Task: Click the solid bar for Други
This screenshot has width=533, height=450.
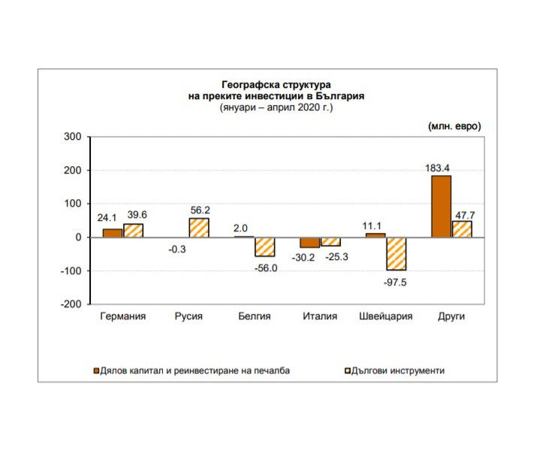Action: (x=441, y=206)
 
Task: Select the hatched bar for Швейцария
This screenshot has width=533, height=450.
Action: (x=396, y=253)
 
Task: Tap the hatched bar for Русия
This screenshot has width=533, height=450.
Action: (x=199, y=228)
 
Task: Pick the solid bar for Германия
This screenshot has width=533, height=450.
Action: (x=113, y=233)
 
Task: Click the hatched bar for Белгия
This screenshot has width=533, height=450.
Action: (x=265, y=246)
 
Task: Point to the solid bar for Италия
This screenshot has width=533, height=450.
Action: (x=309, y=242)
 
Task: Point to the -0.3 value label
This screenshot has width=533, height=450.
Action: (x=178, y=249)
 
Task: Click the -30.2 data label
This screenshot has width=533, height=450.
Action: (x=303, y=258)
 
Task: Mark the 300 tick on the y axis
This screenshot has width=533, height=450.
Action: (x=72, y=137)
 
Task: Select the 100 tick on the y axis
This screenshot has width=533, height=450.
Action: (x=72, y=204)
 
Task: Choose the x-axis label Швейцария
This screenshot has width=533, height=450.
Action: (x=387, y=316)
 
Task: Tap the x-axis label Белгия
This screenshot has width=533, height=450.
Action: (x=254, y=316)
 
